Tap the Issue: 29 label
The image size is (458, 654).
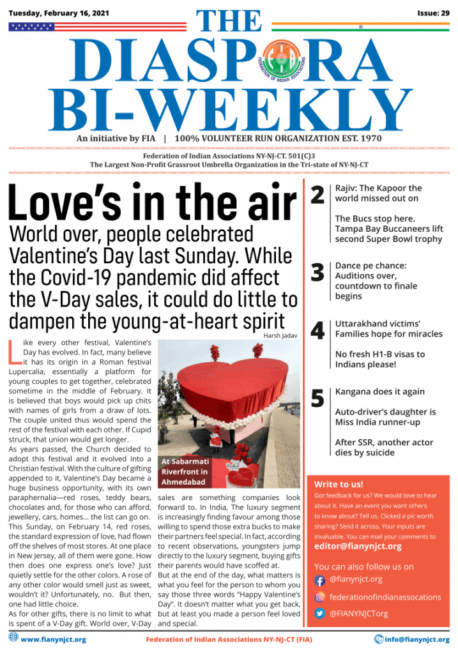tap(433, 13)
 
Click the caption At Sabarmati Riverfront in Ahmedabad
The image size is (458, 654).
tap(185, 471)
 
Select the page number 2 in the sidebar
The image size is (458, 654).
tap(317, 195)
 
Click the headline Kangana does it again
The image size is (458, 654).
tap(379, 392)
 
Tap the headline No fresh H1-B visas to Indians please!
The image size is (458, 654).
tap(380, 359)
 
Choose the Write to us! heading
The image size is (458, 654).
tap(339, 484)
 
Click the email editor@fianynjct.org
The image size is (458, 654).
tap(358, 546)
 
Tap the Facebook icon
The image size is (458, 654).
tap(320, 581)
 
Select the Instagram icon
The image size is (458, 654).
tap(320, 597)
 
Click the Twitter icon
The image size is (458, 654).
tap(320, 614)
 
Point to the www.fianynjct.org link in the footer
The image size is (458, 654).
tap(54, 639)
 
